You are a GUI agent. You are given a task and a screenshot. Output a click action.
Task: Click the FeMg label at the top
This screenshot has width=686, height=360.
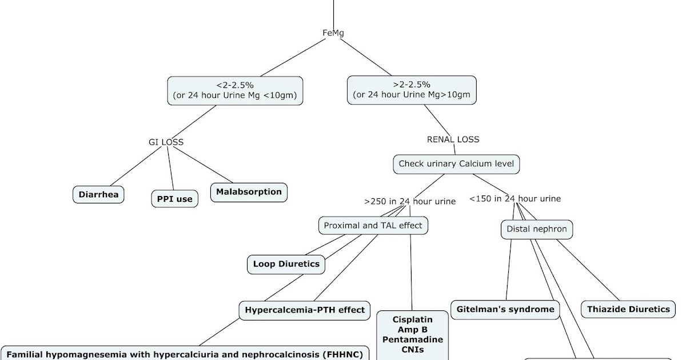point(333,33)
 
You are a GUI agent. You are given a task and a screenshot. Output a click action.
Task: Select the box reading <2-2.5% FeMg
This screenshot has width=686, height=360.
point(235,90)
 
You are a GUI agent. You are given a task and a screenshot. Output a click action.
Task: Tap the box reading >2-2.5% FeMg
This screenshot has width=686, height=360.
point(412,90)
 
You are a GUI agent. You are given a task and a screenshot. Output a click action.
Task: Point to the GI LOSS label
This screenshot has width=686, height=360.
point(166,142)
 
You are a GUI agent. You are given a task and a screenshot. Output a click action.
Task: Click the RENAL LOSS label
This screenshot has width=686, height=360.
point(453,139)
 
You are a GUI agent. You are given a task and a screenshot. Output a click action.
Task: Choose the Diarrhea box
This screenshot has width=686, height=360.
point(98,194)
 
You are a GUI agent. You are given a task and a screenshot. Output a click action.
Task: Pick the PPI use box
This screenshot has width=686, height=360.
point(175,199)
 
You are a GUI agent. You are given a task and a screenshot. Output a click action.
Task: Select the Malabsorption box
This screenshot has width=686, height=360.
point(249,192)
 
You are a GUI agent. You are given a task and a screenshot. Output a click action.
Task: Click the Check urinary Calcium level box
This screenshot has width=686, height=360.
point(456,164)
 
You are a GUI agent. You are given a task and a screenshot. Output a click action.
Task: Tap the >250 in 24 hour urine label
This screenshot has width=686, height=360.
point(409,201)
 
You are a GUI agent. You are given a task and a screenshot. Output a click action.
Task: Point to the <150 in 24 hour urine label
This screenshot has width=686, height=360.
point(514,199)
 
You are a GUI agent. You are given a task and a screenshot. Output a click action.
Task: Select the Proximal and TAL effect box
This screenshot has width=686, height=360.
point(373,225)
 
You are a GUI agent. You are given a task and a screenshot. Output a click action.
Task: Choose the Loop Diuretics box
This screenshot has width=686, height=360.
point(286,264)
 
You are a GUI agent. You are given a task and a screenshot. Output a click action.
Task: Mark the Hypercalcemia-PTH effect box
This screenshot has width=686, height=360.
point(305,310)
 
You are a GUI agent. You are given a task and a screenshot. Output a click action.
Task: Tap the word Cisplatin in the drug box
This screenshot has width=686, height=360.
point(412,319)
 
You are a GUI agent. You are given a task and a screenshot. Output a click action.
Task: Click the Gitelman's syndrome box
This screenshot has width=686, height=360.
point(505,309)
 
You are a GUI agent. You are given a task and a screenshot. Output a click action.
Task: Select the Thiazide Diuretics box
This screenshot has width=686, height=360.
point(628,309)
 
